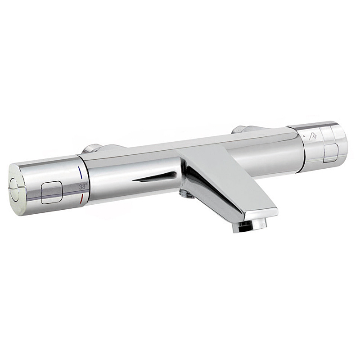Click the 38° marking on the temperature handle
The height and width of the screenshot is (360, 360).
(x=82, y=185)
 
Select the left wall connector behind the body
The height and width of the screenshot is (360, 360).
(x=92, y=149)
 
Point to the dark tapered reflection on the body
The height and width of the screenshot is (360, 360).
(x=157, y=176)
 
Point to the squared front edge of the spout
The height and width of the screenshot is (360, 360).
(x=261, y=211)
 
